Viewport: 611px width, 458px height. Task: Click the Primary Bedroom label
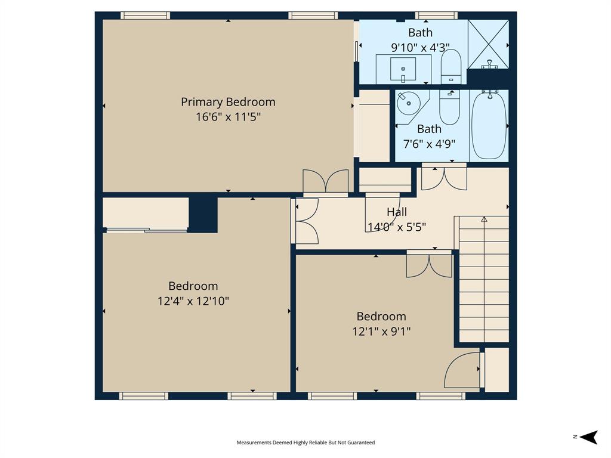coord(228,102)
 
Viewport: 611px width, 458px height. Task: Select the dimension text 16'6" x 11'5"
coord(228,117)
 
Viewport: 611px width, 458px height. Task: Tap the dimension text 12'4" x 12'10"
coord(193,301)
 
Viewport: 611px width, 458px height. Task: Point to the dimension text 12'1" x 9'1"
coord(381,331)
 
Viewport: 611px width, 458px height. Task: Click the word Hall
coord(397,212)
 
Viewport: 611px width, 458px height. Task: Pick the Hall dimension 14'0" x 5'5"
coord(397,227)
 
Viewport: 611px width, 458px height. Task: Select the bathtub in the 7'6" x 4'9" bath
coord(489,125)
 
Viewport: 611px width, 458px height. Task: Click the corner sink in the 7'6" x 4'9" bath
coord(409,104)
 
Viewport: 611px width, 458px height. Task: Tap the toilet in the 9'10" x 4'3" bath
coord(450,66)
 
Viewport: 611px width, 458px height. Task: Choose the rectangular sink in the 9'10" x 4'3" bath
coord(403,69)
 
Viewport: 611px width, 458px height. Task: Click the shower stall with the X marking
coord(488,44)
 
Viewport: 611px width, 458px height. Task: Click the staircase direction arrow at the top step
coord(484,219)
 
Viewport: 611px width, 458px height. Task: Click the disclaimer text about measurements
coord(305,442)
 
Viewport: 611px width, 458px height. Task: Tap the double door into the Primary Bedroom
coord(325,182)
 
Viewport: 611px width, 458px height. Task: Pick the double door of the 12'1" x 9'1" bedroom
coord(429,265)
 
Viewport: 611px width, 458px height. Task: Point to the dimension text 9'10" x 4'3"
coord(420,47)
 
